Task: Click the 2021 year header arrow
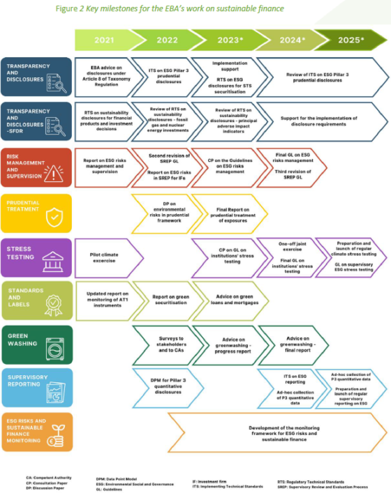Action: pos(103,40)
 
